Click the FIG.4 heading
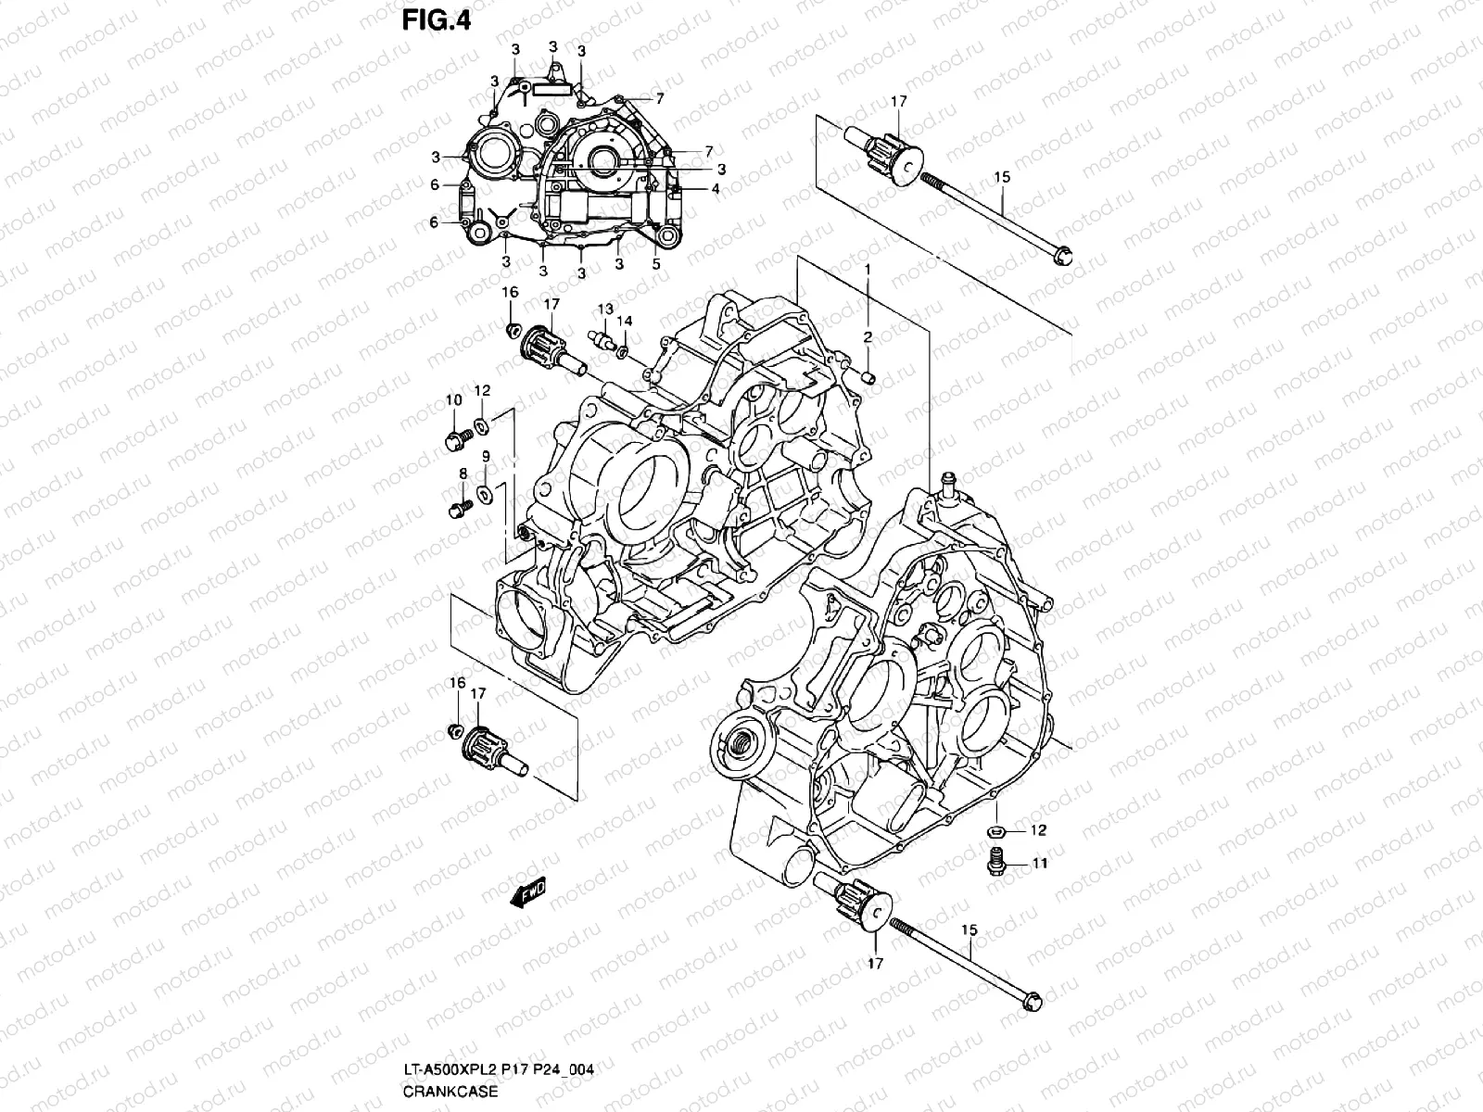(x=437, y=20)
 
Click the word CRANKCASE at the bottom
(x=450, y=1091)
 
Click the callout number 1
(x=868, y=268)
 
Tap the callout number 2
(x=868, y=337)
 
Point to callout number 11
(x=1039, y=863)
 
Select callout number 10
(x=453, y=400)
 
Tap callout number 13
(x=604, y=309)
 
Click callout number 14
(x=626, y=321)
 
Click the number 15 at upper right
(x=1002, y=177)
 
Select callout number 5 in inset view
(x=656, y=263)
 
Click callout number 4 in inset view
(x=715, y=188)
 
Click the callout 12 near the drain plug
(x=1038, y=829)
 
